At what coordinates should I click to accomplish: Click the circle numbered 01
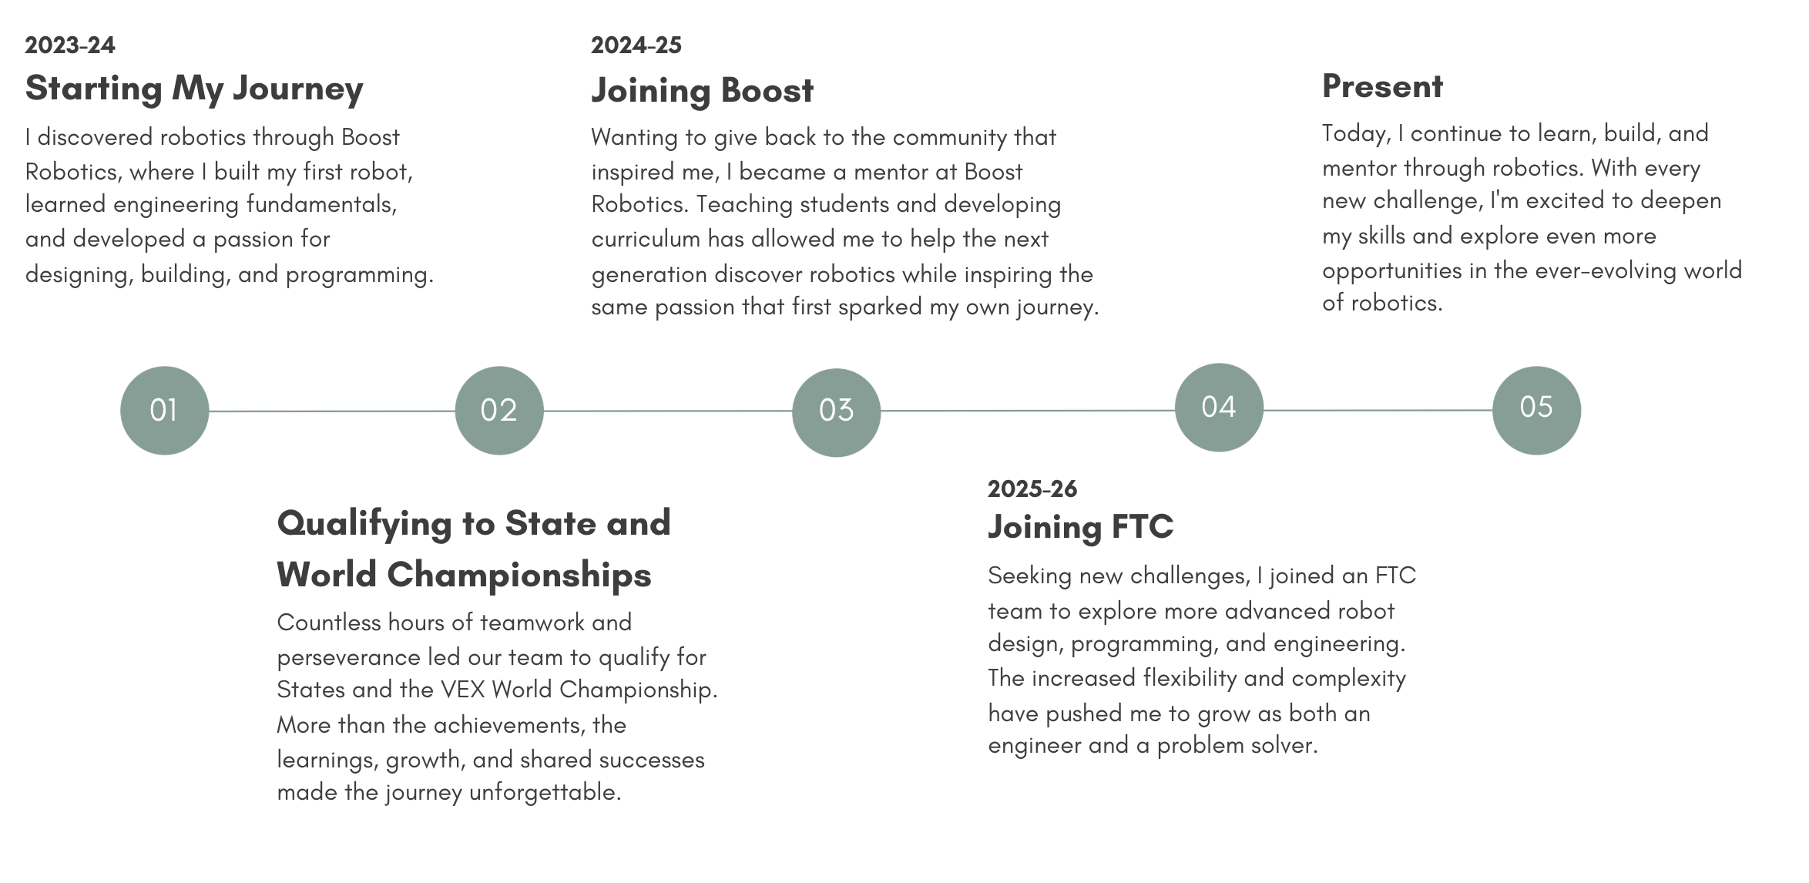[164, 410]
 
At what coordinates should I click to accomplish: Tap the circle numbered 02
[499, 410]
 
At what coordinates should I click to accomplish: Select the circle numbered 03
[836, 412]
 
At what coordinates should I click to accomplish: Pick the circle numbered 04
[1219, 407]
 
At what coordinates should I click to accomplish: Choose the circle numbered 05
[1536, 410]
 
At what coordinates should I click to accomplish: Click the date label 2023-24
[70, 45]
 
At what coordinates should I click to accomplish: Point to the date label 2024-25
[636, 45]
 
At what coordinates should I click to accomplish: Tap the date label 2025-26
[1032, 489]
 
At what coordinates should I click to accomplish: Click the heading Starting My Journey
[194, 89]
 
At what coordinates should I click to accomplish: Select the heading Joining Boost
[703, 91]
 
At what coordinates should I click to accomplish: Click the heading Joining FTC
[1081, 528]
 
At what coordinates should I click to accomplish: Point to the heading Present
[1383, 86]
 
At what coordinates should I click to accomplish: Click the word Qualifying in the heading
[364, 525]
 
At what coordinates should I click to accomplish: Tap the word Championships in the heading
[519, 576]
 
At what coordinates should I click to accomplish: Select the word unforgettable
[545, 792]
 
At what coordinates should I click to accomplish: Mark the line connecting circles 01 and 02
[332, 411]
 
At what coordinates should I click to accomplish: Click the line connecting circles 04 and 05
[1378, 410]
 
